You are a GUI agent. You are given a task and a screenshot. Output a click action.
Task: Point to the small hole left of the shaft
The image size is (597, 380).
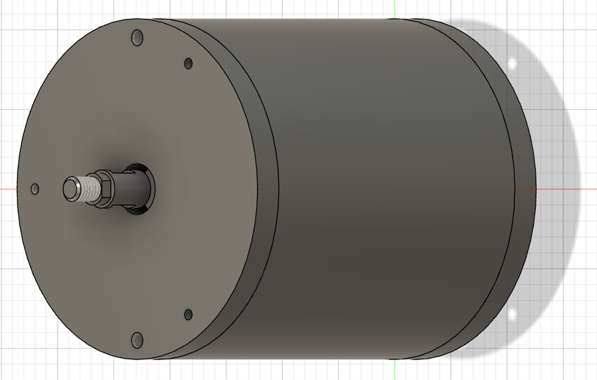coord(35,188)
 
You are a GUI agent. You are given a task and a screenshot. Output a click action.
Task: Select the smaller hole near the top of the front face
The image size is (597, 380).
coord(188,63)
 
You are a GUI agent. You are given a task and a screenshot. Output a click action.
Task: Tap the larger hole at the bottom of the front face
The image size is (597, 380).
coord(137,340)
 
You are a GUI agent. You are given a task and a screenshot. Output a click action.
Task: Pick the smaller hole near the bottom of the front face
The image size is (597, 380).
coord(188,315)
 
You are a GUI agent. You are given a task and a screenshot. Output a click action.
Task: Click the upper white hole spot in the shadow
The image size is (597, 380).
coord(514,64)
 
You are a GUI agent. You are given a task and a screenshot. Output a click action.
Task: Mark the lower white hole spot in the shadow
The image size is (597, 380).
coord(514,313)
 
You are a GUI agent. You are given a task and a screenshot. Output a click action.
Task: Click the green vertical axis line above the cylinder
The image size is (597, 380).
coord(395,9)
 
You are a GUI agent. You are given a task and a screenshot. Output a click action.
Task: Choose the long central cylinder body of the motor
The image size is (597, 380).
coord(386,187)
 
